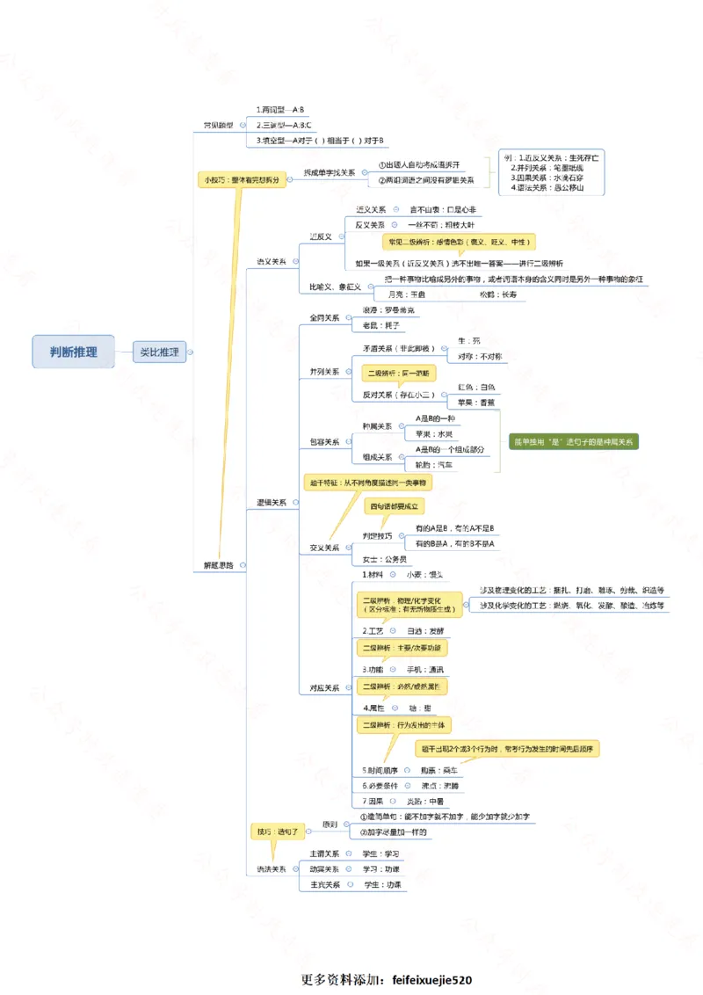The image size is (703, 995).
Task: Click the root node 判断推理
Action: tap(75, 352)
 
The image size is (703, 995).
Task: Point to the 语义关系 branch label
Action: tap(272, 261)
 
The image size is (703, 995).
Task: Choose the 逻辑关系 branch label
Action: tap(272, 502)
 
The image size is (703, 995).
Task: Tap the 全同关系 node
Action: tap(324, 317)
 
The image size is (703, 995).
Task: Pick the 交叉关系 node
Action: tap(324, 547)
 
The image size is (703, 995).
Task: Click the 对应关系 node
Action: tap(324, 688)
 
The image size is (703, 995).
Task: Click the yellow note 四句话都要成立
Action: tap(396, 506)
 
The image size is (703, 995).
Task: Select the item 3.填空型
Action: tap(321, 140)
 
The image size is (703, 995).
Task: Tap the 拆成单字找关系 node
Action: tap(330, 172)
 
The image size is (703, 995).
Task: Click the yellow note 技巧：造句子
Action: tap(277, 830)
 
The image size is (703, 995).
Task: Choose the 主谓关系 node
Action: tap(324, 853)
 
